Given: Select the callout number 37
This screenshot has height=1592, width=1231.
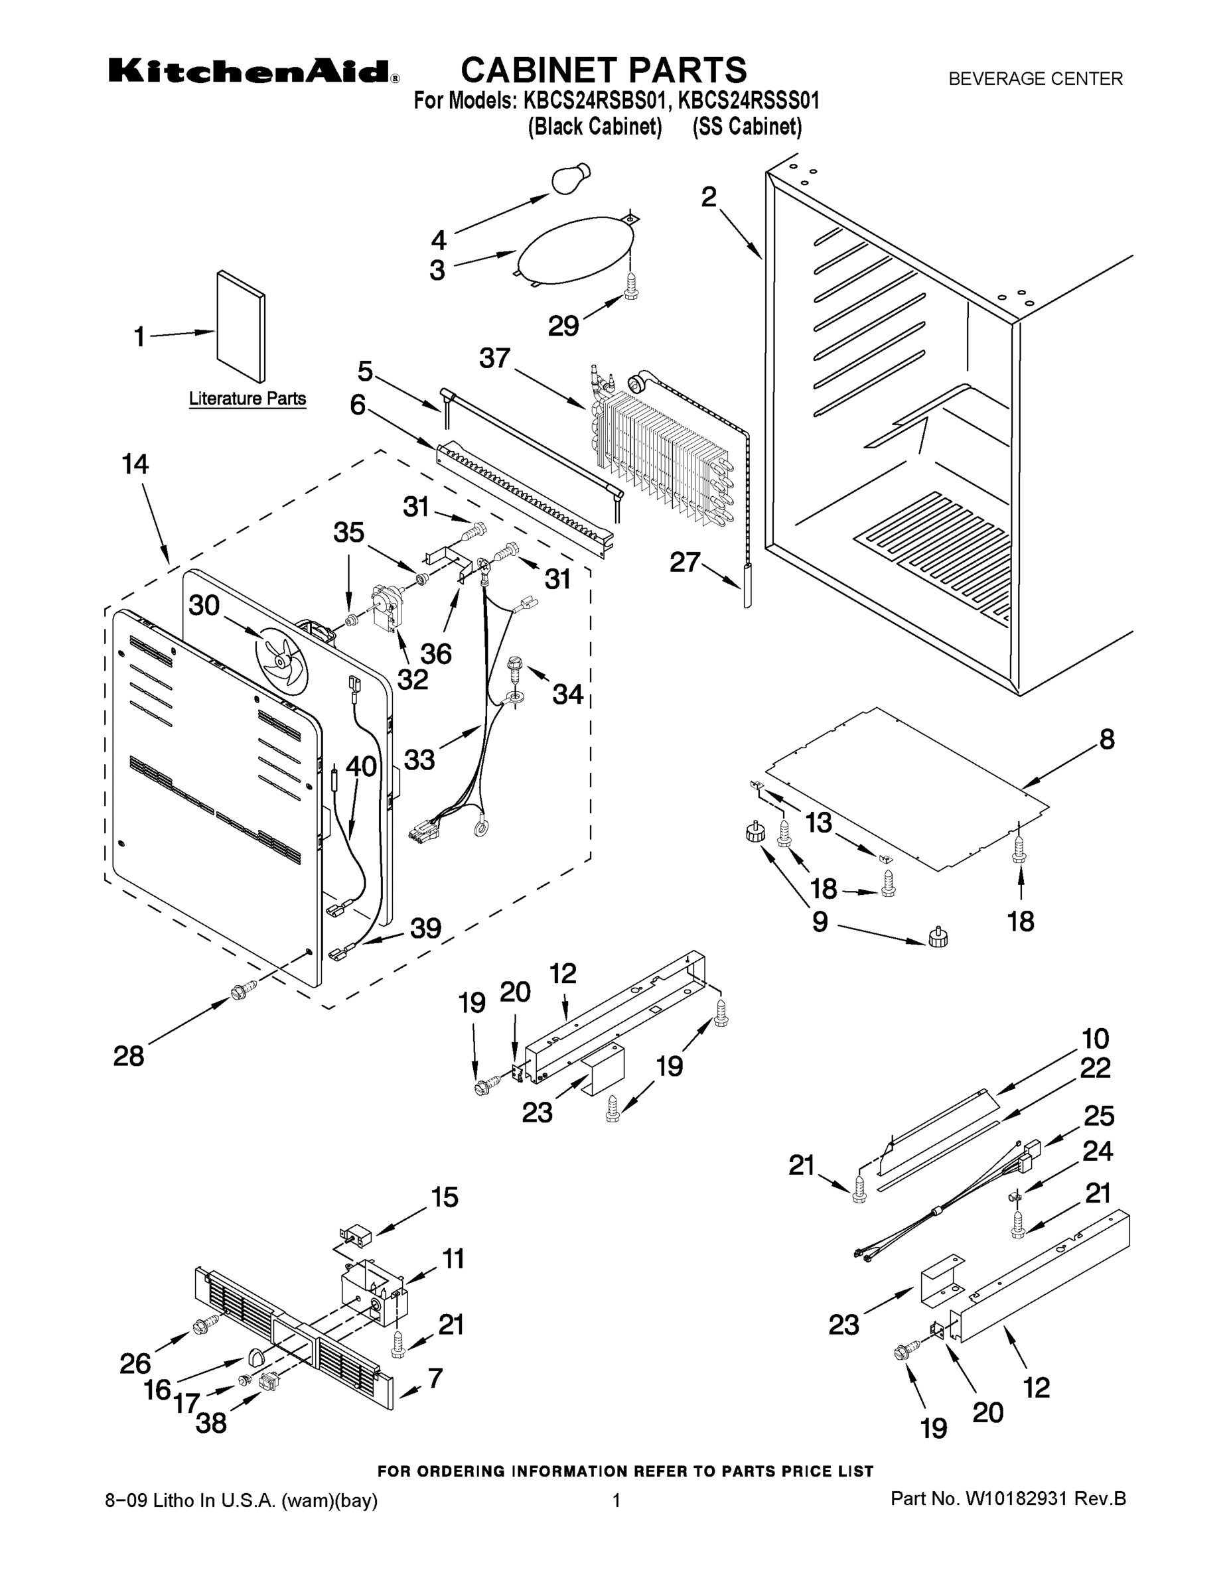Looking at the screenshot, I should [x=495, y=359].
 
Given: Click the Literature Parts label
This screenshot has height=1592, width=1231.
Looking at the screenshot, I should [x=248, y=399].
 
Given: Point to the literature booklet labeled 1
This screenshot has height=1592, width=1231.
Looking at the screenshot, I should [x=241, y=326].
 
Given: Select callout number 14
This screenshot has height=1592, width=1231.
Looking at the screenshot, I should [x=135, y=464].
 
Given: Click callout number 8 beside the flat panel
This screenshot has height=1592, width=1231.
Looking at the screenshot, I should [x=1107, y=739].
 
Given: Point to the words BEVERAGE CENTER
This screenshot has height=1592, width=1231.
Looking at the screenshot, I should [x=1035, y=79].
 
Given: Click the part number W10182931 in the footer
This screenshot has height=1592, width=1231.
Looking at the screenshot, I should [x=1017, y=1498].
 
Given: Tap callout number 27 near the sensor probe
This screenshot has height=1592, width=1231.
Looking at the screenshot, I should [x=685, y=562].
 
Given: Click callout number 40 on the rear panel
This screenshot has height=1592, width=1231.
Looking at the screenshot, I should [x=361, y=766].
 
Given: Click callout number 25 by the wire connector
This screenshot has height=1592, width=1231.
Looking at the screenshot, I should [x=1099, y=1115].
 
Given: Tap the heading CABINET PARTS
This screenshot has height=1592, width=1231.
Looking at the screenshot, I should [x=604, y=70].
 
